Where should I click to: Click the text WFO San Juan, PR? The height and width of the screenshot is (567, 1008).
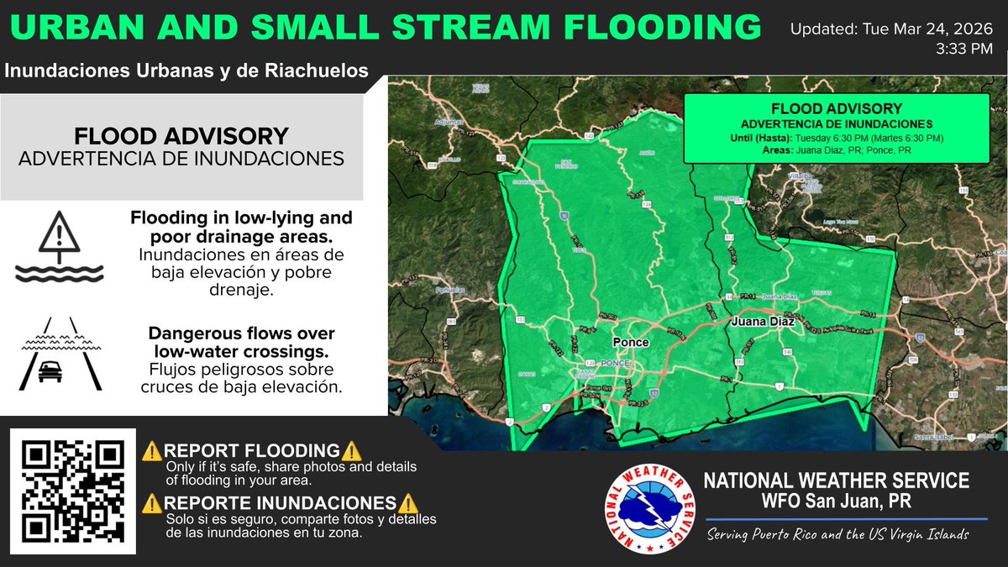(x=836, y=501)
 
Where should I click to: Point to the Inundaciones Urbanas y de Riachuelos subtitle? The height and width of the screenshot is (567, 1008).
(x=186, y=71)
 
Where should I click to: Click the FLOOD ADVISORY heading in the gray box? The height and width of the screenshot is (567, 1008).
(x=181, y=135)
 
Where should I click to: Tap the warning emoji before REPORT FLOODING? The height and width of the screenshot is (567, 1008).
(x=152, y=451)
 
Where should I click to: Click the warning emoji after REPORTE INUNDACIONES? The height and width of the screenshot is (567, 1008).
(x=407, y=503)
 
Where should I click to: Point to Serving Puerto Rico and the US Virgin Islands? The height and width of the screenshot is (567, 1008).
(x=837, y=534)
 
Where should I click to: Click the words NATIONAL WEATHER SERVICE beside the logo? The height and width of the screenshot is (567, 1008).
(x=836, y=480)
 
